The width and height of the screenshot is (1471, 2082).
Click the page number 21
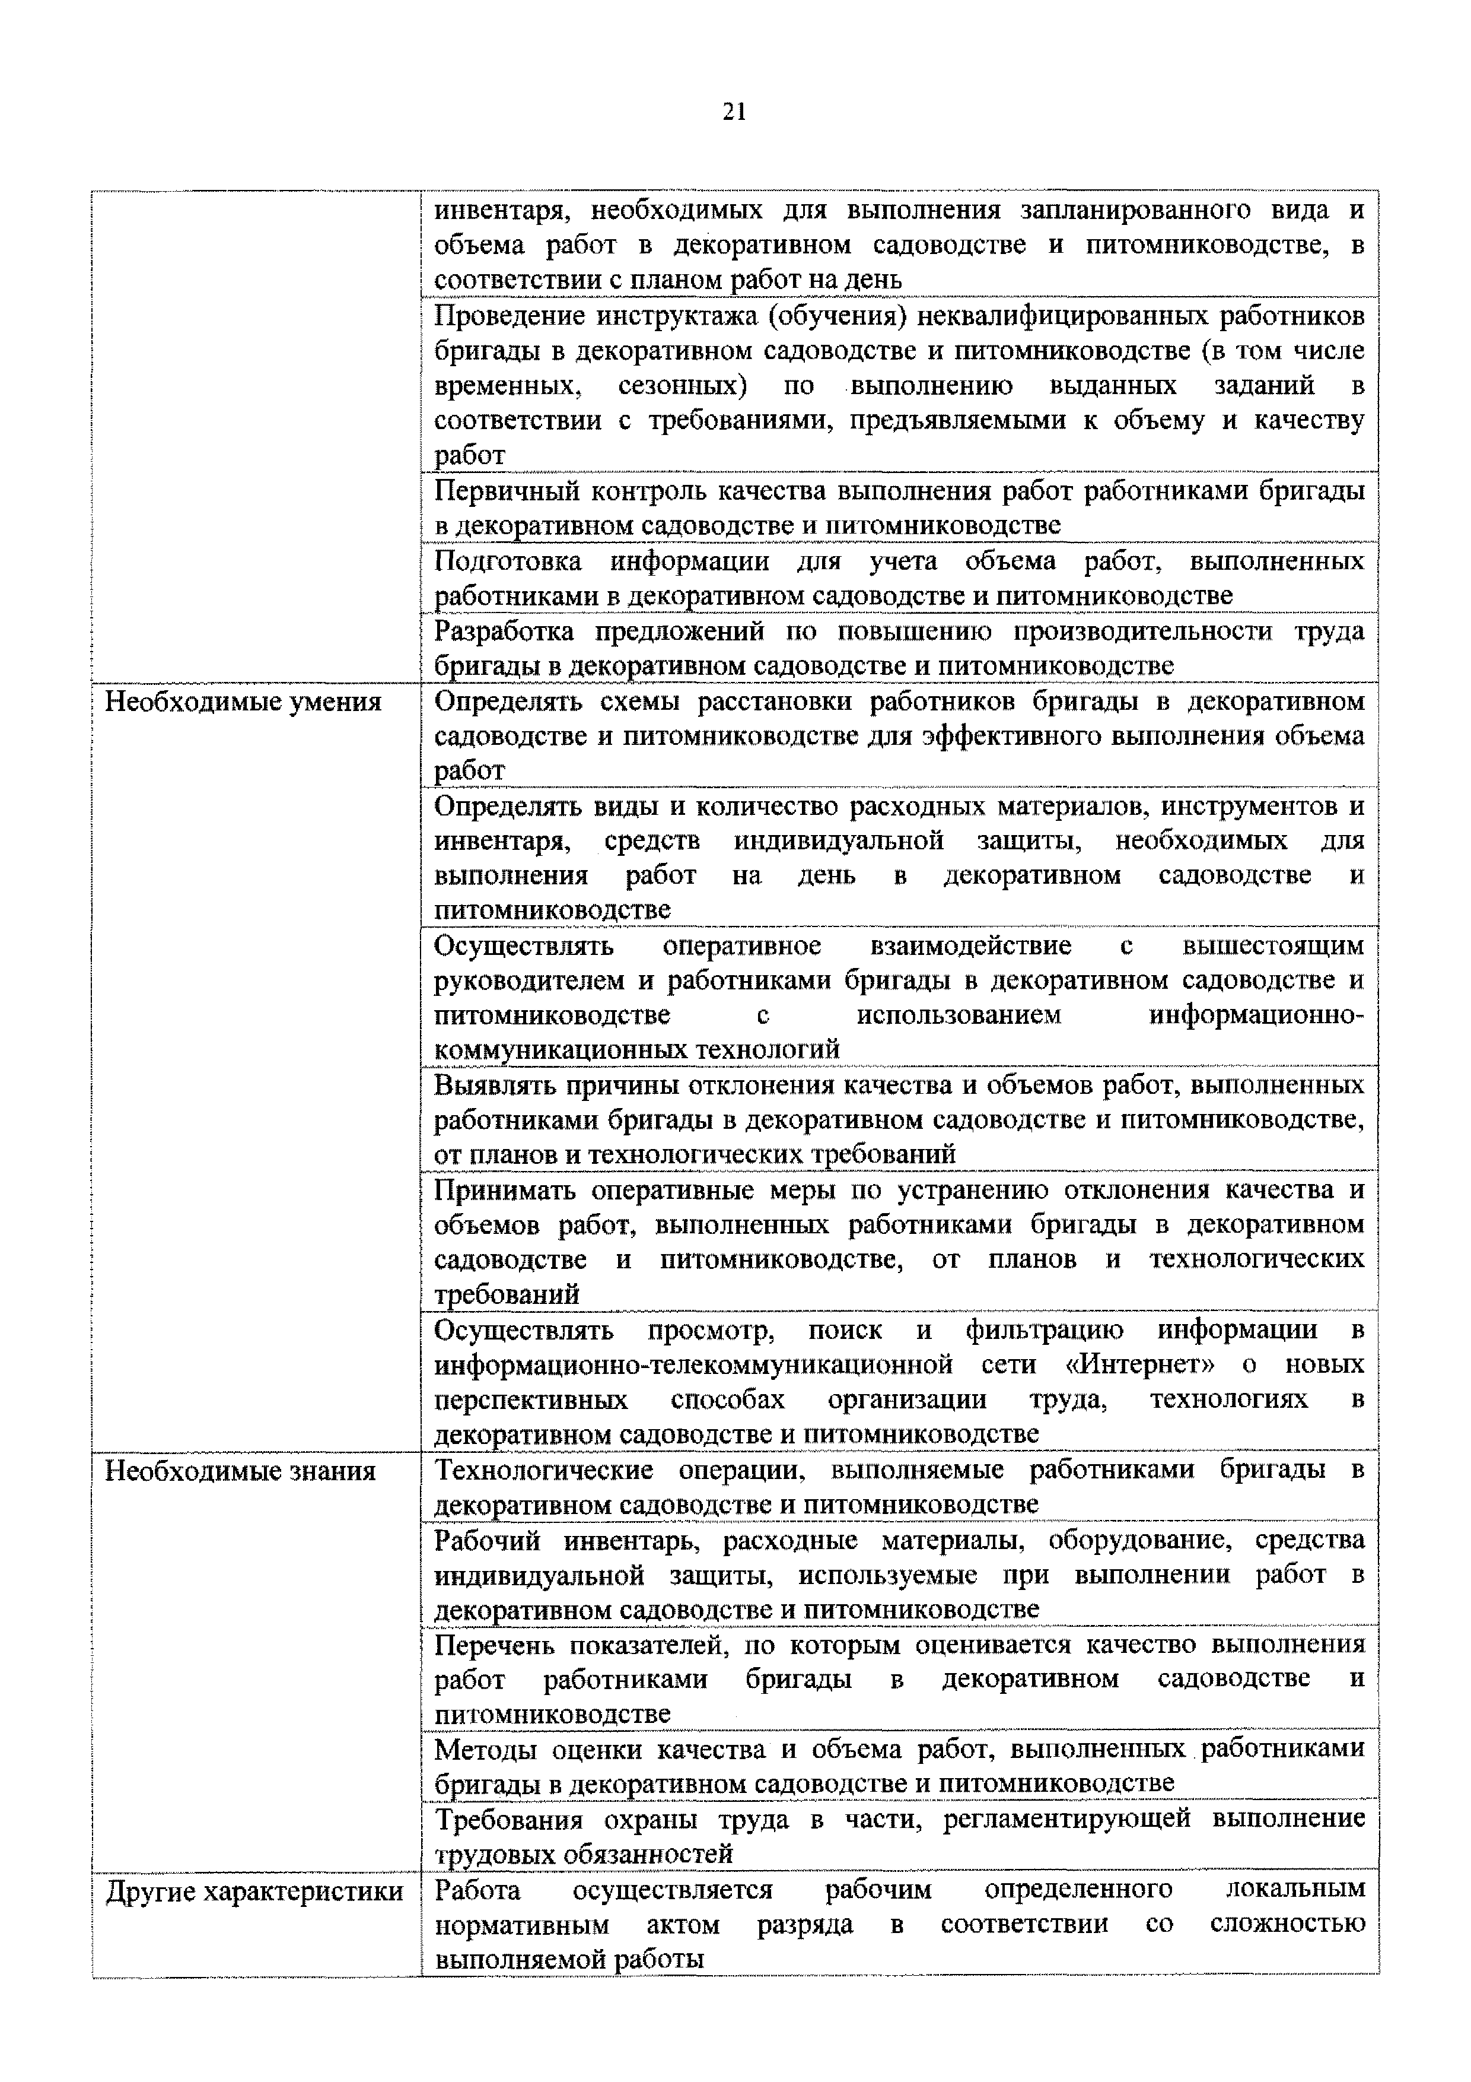[734, 112]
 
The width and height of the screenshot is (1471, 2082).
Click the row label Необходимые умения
[243, 703]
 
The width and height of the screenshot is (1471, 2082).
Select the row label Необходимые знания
[240, 1471]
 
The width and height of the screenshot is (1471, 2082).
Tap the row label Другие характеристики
[254, 1891]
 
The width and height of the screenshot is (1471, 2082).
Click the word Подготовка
[508, 561]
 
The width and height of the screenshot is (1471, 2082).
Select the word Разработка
[505, 631]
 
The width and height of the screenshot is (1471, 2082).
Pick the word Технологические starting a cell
[544, 1471]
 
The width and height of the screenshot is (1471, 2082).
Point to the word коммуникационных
[561, 1050]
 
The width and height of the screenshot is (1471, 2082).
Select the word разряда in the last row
[805, 1925]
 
